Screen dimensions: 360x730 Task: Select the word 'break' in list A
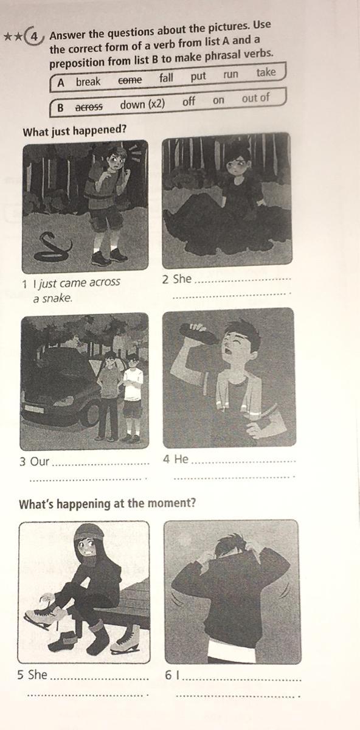tap(88, 82)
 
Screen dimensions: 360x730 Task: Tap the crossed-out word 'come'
tap(130, 80)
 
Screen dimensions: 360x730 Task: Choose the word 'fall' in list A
tap(166, 78)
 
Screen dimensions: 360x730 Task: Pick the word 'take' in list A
tap(266, 72)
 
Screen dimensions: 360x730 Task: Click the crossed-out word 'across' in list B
tap(89, 106)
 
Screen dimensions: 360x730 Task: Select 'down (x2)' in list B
tap(142, 104)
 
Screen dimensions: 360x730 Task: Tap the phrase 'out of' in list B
tap(255, 97)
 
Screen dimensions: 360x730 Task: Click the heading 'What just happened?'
tap(74, 131)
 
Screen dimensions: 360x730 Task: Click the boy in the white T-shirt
tap(133, 397)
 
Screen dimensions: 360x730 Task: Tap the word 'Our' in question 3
tap(39, 462)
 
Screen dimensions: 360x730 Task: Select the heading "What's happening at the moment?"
tap(107, 504)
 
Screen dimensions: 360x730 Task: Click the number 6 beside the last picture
tap(168, 675)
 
